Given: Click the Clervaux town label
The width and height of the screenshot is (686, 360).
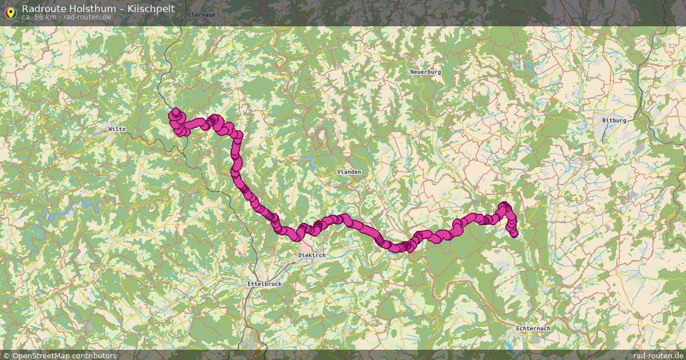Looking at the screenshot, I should coord(201,14).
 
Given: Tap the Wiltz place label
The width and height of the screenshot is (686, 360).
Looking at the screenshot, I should coord(117,129).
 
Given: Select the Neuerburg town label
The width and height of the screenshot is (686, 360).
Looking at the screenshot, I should coord(426,72).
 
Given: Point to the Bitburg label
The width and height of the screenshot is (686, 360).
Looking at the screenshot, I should coord(615,121).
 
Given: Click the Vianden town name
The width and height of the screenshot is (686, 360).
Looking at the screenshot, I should coord(349,171).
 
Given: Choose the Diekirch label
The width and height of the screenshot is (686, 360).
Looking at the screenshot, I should coord(312,255).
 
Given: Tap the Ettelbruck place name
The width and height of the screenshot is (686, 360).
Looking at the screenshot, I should coord(264,284).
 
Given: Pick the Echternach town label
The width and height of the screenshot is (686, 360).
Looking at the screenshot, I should coord(533,329).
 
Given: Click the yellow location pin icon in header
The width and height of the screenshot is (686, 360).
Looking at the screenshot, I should coord(10,11).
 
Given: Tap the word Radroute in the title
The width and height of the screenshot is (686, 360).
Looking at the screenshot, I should coord(40,9).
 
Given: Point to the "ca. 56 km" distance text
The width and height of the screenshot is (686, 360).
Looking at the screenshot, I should coord(39,17).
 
